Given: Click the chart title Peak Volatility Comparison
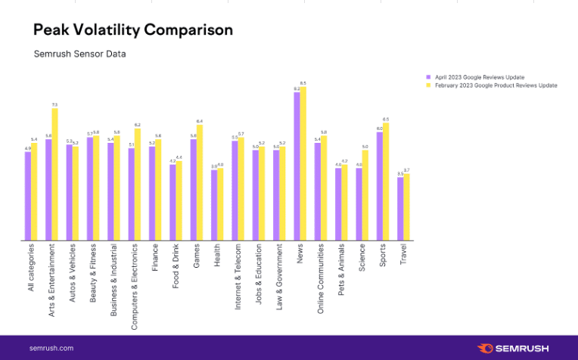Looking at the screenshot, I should click(133, 30).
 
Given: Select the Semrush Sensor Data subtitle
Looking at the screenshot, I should click(79, 54).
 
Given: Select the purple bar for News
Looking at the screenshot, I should click(297, 167).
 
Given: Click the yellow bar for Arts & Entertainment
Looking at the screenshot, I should click(54, 175).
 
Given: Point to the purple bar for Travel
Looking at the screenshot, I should click(400, 209).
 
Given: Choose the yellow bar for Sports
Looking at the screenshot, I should click(386, 182).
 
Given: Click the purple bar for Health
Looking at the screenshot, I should click(214, 206).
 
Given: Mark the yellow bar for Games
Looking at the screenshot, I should click(200, 183).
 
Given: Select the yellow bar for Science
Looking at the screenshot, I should click(365, 196).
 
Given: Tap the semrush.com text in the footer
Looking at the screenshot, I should click(51, 348).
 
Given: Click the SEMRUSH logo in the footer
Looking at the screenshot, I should click(515, 348).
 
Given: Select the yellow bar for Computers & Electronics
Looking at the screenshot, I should click(138, 185).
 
